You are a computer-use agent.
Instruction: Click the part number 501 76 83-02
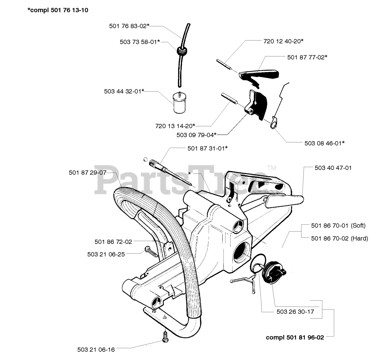point(129,26)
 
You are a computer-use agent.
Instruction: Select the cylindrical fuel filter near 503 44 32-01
point(179,102)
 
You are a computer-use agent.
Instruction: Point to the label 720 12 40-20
point(283,41)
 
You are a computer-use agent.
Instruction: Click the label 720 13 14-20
point(175,126)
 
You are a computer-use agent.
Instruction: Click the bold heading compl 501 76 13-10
point(58,10)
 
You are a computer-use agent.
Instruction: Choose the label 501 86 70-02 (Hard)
point(339,238)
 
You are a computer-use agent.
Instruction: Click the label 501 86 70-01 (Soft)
point(338,226)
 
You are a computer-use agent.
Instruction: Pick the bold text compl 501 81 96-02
point(295,337)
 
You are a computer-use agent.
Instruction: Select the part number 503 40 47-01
point(333,168)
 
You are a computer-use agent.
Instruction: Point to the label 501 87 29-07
point(88,173)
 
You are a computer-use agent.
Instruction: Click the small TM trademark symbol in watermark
point(272,168)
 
